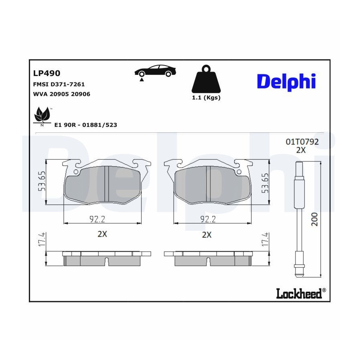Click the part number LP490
(47, 73)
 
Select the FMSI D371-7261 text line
(59, 84)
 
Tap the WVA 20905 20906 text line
(62, 94)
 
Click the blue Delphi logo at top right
(286, 82)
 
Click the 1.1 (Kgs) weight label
(206, 98)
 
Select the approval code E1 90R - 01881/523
(86, 125)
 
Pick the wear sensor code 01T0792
(302, 142)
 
